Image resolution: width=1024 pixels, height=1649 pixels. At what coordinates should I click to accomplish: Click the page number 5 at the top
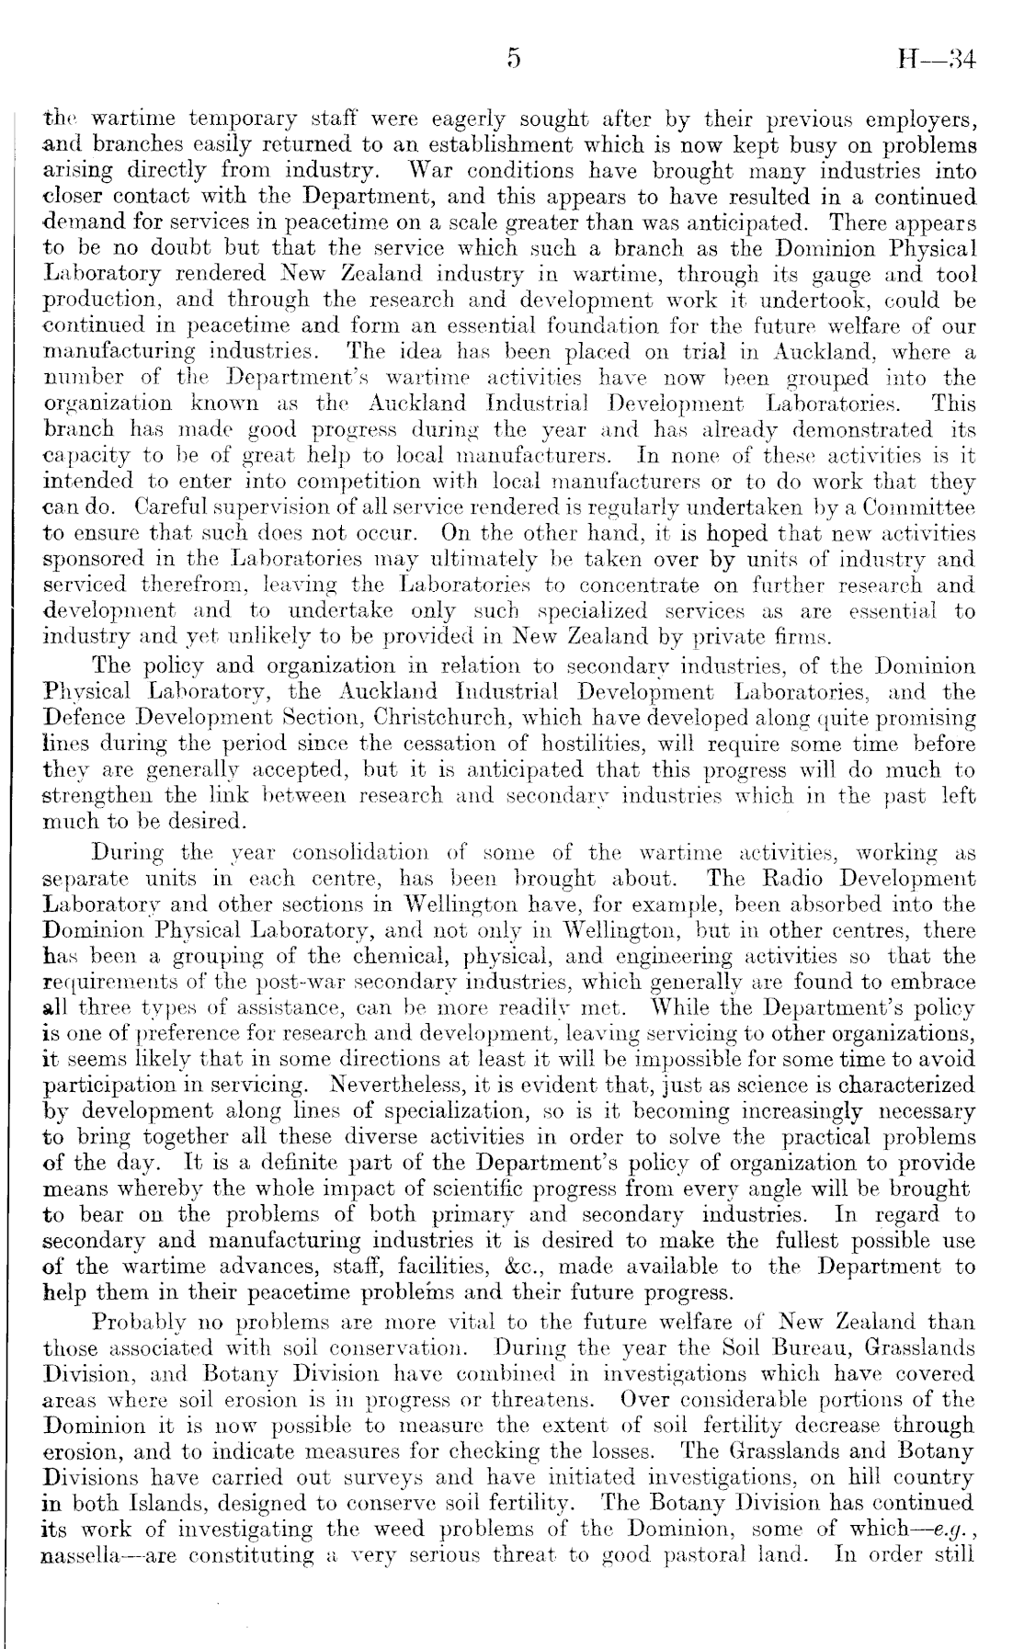(x=513, y=60)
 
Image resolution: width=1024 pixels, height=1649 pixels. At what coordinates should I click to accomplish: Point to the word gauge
(x=829, y=275)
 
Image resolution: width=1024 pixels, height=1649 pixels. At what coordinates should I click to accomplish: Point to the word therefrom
(x=188, y=586)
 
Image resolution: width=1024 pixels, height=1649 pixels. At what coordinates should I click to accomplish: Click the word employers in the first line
(x=918, y=120)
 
